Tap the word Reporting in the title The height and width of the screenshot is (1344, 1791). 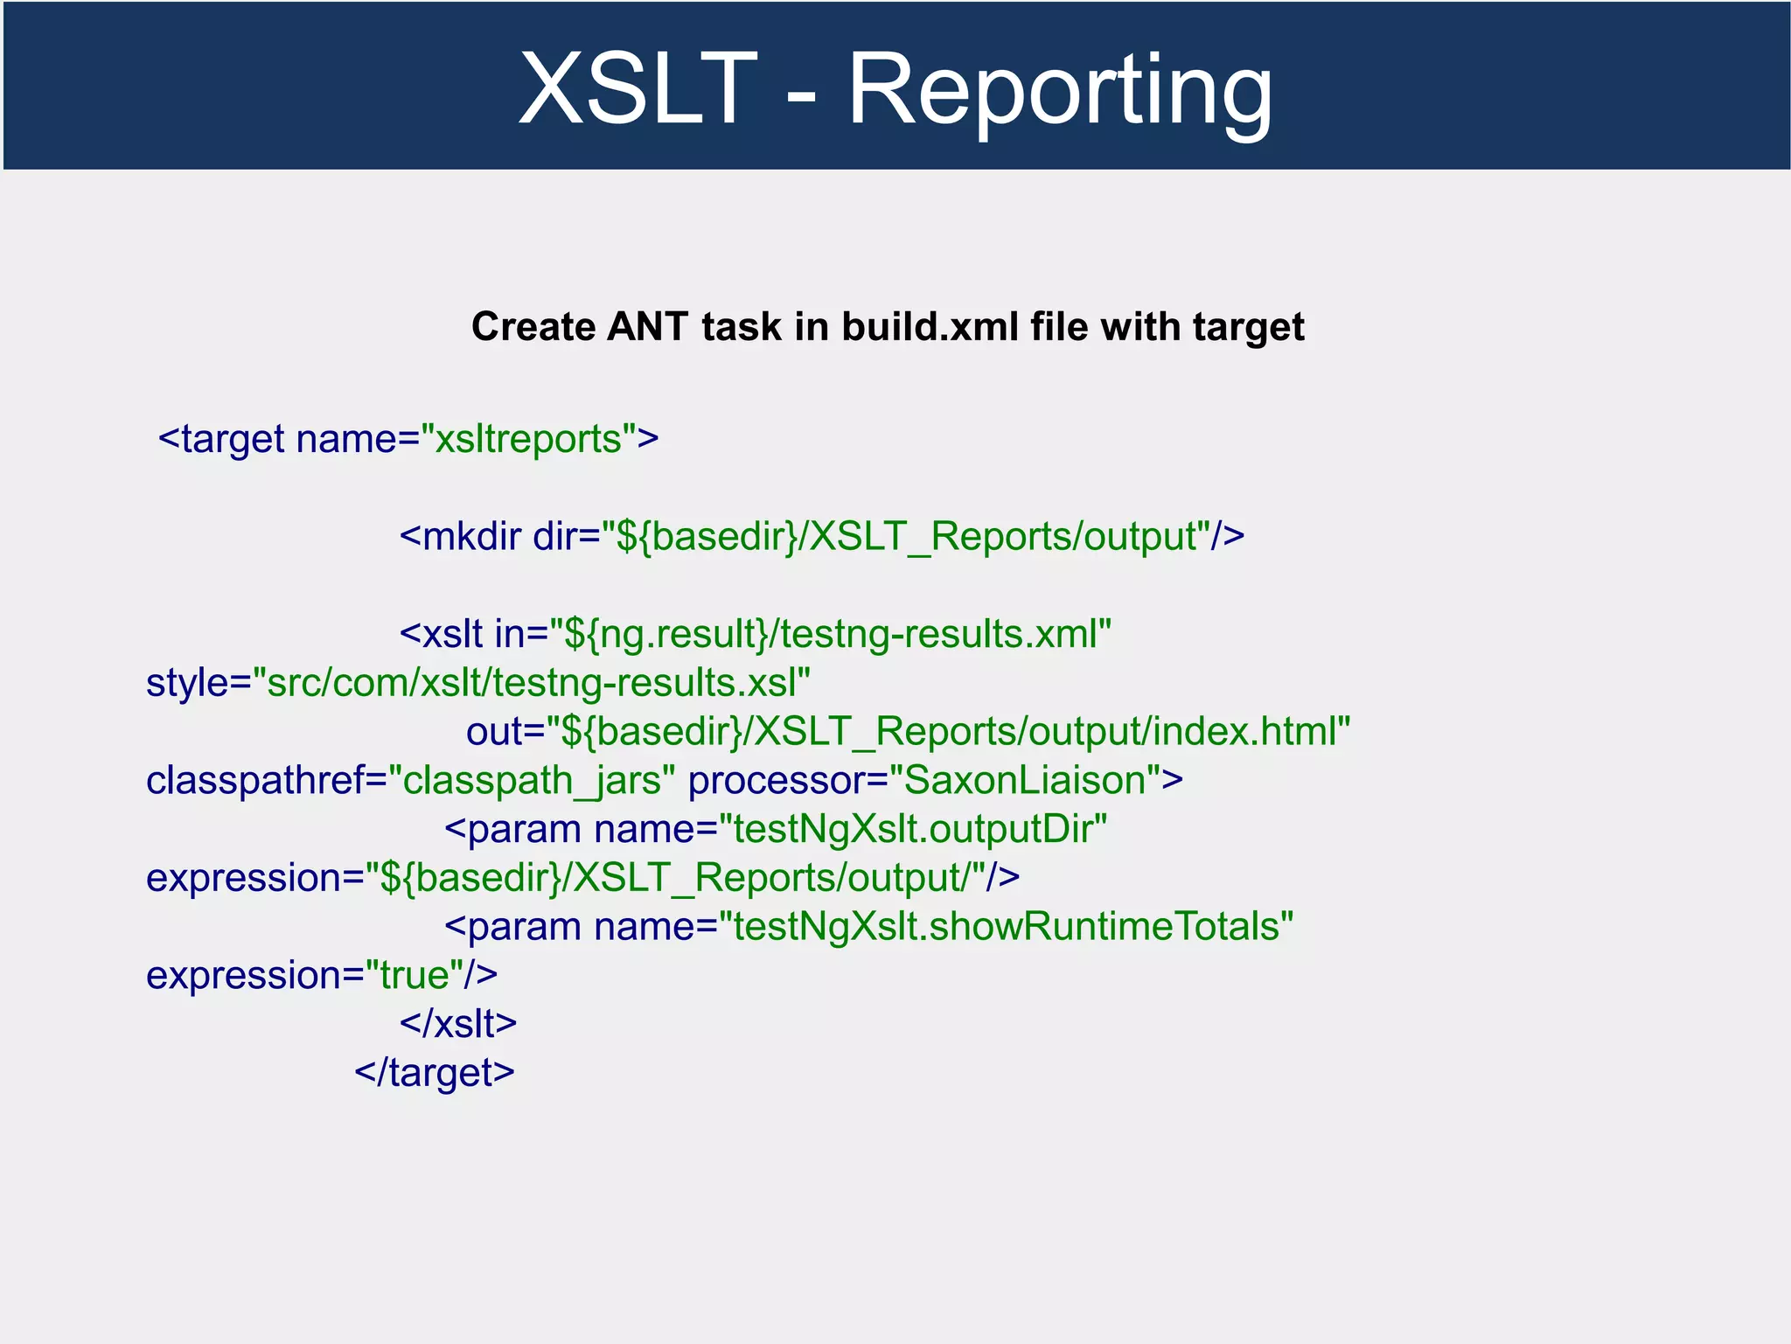coord(1060,91)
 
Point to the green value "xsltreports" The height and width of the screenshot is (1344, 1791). coord(528,439)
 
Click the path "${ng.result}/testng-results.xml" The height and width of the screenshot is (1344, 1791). coord(831,634)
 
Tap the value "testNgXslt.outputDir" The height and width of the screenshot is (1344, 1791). coord(913,829)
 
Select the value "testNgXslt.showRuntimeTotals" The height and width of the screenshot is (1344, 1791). coord(1006,927)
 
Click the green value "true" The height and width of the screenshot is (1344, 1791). coord(415,976)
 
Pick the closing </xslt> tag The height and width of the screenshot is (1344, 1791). coord(458,1024)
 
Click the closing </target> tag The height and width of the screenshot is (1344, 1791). coord(435,1073)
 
